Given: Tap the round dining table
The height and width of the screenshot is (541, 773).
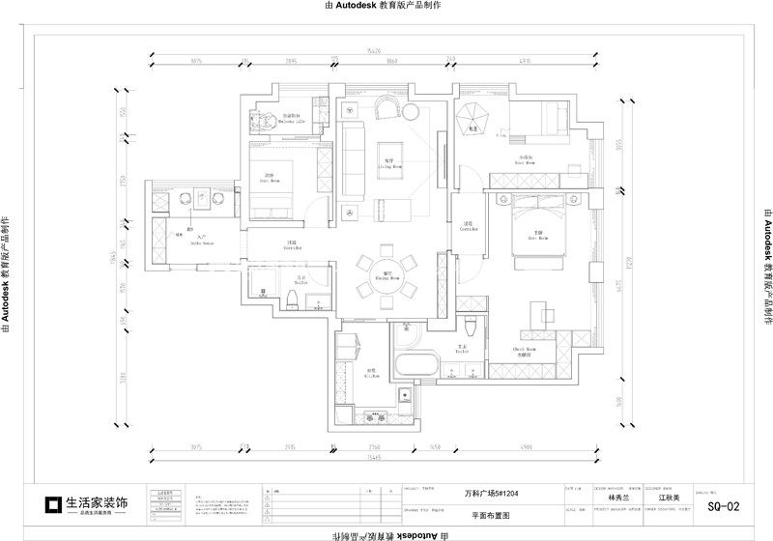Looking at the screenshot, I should click(x=386, y=275).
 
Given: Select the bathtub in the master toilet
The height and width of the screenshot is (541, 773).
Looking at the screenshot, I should click(x=416, y=368).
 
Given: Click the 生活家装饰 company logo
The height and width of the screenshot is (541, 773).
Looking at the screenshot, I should click(x=87, y=503).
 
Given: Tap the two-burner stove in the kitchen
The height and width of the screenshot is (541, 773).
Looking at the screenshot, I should click(x=373, y=417).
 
